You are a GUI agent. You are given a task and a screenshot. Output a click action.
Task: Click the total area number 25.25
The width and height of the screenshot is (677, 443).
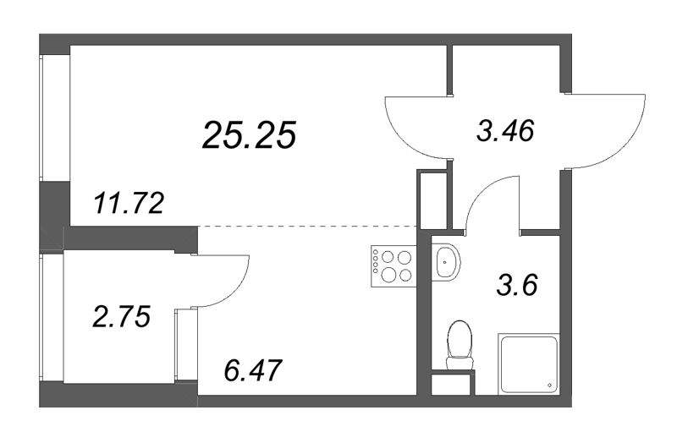click(x=249, y=135)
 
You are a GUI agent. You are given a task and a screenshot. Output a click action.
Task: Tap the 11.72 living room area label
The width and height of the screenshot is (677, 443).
click(x=129, y=204)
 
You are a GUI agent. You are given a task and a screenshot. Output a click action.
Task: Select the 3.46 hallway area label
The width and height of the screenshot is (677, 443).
click(x=505, y=130)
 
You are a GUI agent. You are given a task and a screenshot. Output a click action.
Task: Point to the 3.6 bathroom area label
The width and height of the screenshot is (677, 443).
click(x=517, y=285)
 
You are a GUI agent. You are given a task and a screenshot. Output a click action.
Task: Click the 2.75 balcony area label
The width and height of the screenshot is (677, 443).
click(x=122, y=316)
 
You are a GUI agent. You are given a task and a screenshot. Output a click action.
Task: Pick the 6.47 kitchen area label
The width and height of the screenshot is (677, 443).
click(x=253, y=370)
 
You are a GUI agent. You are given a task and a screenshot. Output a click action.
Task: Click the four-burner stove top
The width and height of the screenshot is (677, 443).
click(x=393, y=265)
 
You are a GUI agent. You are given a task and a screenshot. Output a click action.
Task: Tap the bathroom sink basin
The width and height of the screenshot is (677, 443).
click(x=446, y=262)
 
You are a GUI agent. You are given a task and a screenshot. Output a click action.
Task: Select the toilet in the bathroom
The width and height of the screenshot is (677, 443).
click(x=460, y=345)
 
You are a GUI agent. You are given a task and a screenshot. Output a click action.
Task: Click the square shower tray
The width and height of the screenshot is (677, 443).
click(x=528, y=364)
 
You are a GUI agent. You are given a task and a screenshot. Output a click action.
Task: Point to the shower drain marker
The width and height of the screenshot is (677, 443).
click(x=549, y=386)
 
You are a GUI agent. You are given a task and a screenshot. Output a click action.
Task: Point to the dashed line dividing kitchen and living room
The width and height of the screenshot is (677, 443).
click(x=307, y=226)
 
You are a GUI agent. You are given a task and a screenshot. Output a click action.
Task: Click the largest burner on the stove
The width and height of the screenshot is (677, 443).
click(x=389, y=274)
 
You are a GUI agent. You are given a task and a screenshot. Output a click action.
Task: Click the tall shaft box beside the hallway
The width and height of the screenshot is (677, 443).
click(x=432, y=200)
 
